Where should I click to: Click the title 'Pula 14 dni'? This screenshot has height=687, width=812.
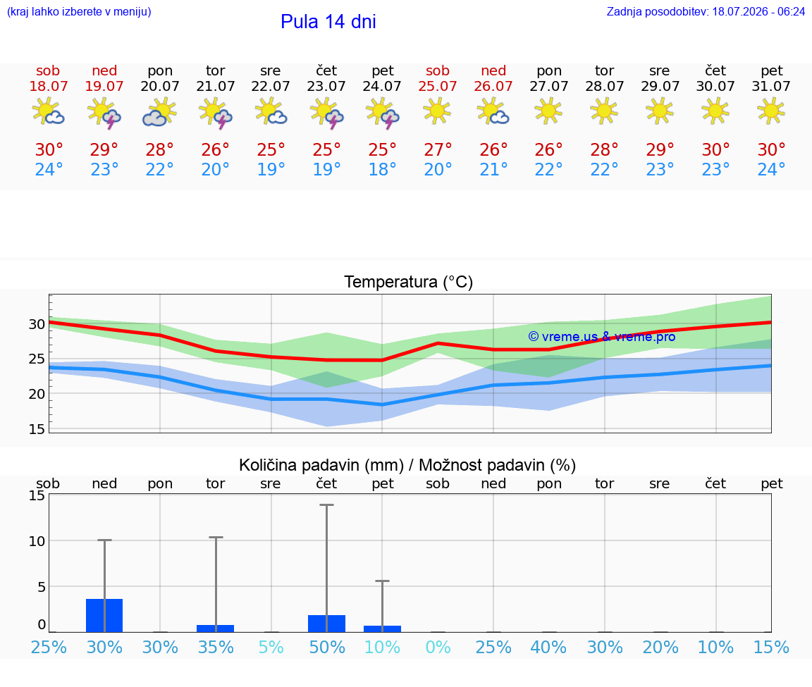click(x=328, y=22)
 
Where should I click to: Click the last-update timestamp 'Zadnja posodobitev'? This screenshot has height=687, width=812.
click(x=657, y=11)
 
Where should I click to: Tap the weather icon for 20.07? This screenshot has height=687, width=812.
click(x=159, y=112)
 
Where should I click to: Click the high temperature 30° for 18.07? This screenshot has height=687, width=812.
click(x=49, y=149)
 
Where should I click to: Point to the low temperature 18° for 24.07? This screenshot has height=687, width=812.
click(x=382, y=169)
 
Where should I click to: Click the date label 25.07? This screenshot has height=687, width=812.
click(x=438, y=86)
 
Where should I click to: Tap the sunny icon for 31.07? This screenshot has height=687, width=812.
click(x=770, y=111)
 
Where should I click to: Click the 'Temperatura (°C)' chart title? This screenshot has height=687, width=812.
click(x=409, y=282)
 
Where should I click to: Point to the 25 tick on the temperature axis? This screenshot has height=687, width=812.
click(x=37, y=359)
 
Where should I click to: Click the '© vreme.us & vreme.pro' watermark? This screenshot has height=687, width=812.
click(x=602, y=337)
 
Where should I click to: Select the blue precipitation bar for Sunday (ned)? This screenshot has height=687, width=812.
click(x=104, y=615)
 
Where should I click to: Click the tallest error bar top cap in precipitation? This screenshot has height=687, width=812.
click(x=327, y=505)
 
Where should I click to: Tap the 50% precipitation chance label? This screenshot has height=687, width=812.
click(x=327, y=647)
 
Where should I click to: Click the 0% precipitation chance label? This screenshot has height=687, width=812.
click(x=438, y=647)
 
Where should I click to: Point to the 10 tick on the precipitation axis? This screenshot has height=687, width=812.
click(x=37, y=541)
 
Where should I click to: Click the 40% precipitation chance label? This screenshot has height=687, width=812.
click(x=549, y=647)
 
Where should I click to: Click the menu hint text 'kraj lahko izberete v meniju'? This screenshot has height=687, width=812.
click(x=79, y=11)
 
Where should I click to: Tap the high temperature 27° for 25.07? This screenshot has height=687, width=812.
click(x=438, y=149)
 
